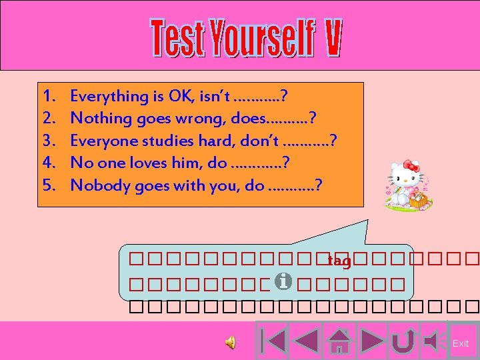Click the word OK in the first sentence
179,96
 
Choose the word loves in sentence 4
141,163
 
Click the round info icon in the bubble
283,283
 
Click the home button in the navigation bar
341,341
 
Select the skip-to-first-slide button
273,341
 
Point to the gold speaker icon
230,343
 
